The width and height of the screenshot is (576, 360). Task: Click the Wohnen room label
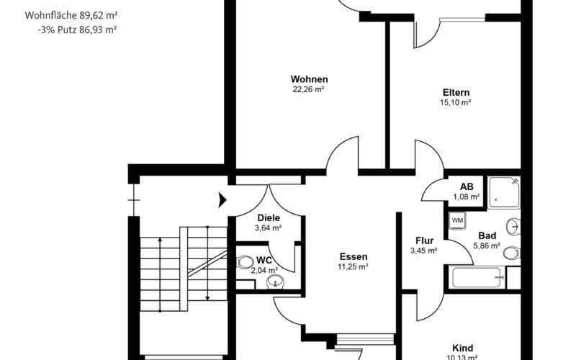click(310, 79)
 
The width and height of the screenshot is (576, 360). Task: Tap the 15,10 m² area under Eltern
click(456, 103)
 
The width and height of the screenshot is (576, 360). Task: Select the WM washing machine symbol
click(456, 219)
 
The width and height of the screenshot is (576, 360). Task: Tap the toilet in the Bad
click(510, 253)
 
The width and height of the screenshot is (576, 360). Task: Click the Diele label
click(268, 218)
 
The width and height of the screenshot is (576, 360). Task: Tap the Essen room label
click(354, 256)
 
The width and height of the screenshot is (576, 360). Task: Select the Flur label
click(423, 240)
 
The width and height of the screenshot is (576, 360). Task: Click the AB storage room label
click(466, 186)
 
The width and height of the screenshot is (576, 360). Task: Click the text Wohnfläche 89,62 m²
click(71, 14)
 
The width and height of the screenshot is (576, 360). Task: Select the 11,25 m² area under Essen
click(353, 267)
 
